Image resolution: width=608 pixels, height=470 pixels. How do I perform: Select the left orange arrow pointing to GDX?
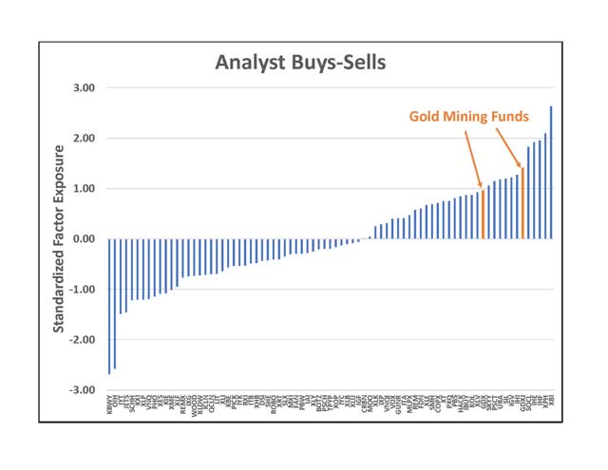click(x=472, y=157)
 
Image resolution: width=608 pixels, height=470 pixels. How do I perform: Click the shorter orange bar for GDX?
click(x=483, y=215)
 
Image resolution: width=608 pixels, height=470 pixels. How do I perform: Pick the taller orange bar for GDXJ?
click(x=522, y=203)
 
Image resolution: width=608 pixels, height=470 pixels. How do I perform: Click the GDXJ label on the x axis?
click(x=522, y=407)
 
